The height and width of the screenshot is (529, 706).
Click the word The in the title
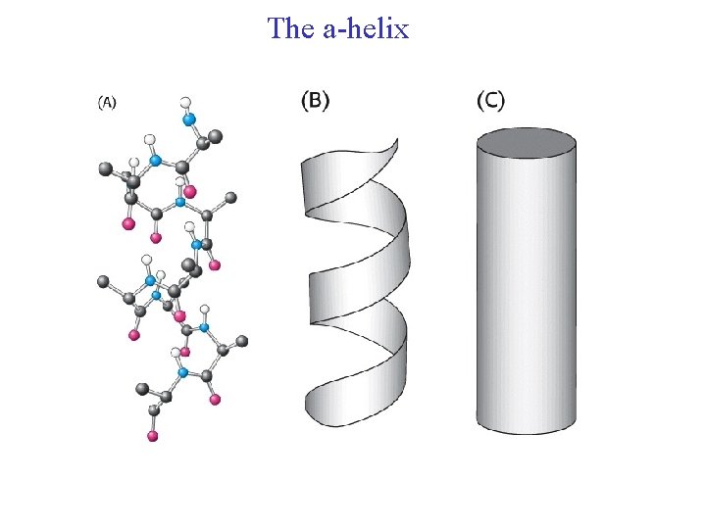point(290,28)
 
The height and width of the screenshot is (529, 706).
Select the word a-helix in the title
point(365,28)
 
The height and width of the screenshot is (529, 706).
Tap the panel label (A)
point(106,102)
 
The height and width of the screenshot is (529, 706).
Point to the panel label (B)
point(314,100)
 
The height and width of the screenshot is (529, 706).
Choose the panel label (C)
point(490,100)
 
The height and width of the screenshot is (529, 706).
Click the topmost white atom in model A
point(186,102)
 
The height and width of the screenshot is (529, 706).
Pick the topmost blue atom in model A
point(190,120)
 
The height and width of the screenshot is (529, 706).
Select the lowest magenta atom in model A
point(152,436)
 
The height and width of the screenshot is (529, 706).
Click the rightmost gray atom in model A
point(242,341)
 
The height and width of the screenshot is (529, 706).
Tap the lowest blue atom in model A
point(181,372)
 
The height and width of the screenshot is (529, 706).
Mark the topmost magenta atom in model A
point(189,191)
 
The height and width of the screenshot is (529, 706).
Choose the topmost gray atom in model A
point(212,137)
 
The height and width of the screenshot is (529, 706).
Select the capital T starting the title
point(276,28)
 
